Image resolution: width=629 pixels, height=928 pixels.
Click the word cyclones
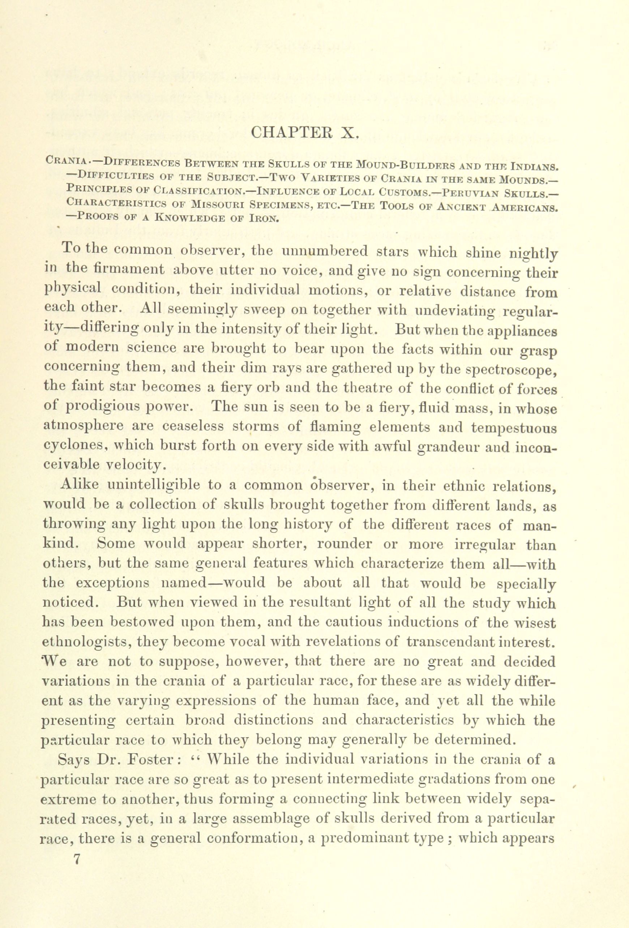pos(68,447)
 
